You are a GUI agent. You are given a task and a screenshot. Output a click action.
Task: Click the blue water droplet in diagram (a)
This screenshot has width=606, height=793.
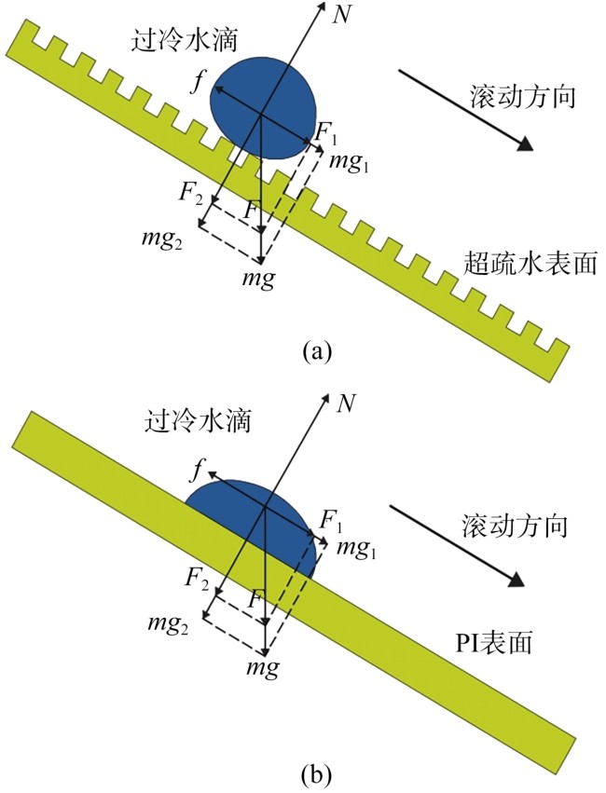point(264,108)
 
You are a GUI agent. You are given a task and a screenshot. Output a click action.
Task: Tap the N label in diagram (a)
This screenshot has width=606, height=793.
point(342,15)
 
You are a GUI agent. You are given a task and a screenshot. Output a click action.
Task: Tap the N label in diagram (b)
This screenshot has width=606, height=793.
point(347,403)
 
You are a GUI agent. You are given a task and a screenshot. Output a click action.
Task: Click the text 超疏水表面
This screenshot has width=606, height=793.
point(530,265)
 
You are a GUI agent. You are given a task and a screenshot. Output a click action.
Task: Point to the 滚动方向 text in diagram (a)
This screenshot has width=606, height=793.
point(524,96)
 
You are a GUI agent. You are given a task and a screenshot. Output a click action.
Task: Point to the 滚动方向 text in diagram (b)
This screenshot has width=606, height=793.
point(515,526)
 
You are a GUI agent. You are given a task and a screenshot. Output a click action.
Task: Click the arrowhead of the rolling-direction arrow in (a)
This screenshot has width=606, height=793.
point(527,144)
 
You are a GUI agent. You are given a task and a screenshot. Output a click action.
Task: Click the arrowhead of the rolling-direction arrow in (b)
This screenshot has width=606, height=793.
point(517,581)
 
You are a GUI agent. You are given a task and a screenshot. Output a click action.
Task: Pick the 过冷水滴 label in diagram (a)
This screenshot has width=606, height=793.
point(184,40)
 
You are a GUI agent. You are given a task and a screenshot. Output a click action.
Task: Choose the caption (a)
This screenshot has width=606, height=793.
point(317,351)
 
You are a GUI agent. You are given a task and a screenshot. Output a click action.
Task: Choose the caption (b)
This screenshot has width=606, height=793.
point(316,773)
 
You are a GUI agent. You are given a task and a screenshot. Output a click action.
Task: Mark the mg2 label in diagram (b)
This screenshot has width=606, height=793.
point(168,624)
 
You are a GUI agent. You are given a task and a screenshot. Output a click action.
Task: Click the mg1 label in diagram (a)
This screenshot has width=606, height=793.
point(349,163)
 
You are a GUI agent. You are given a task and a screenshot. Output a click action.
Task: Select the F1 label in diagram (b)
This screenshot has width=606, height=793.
point(331,520)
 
